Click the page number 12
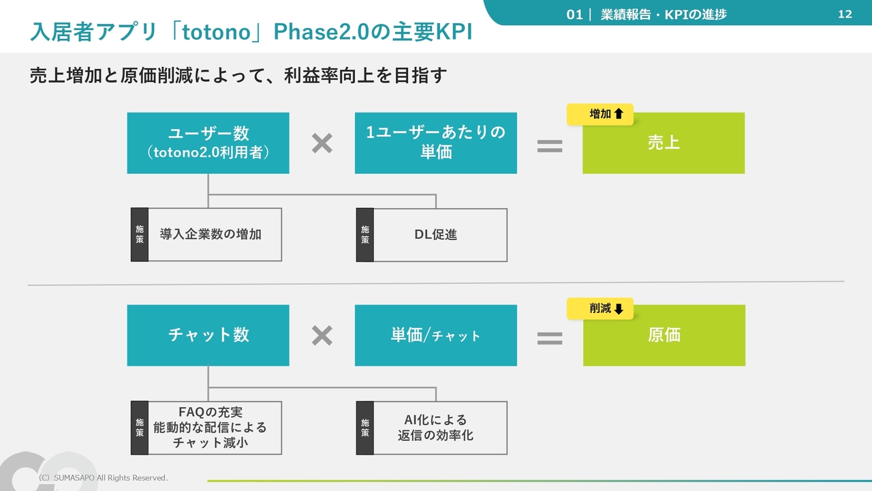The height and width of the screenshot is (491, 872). tap(845, 14)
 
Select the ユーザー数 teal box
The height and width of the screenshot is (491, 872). tap(208, 143)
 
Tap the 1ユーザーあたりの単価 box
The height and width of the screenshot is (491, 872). tap(436, 143)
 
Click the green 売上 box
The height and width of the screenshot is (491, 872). tap(664, 143)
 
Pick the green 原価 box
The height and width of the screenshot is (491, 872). tap(664, 335)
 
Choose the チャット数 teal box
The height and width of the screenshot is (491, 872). tap(208, 335)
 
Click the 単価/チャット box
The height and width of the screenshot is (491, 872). tap(436, 335)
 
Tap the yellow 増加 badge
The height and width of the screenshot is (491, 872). tap(600, 114)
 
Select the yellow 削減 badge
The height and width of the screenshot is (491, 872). tap(600, 309)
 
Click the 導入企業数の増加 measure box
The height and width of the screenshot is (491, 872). tap(206, 235)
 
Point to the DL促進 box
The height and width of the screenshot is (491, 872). tap(432, 235)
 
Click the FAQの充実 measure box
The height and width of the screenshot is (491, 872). tap(206, 428)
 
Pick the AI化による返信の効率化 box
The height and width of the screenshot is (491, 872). tap(432, 428)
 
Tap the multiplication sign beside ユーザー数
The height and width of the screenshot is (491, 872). tap(322, 143)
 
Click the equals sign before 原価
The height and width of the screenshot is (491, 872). tap(550, 338)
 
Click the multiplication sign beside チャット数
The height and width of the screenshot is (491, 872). tap(322, 336)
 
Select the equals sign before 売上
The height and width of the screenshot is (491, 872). tap(550, 146)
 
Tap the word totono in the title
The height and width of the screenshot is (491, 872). tap(216, 32)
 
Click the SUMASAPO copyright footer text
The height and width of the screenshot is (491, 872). tap(103, 478)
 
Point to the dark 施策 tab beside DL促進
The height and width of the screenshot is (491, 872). tap(364, 235)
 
